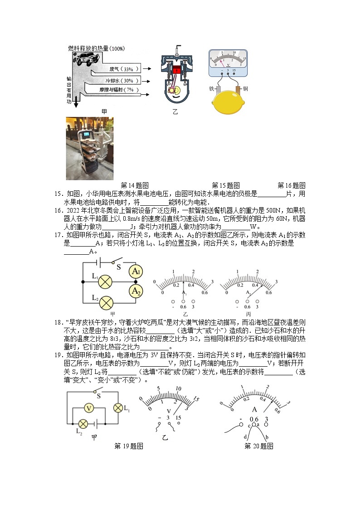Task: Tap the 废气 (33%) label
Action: point(121,69)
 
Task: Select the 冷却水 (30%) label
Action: point(122,80)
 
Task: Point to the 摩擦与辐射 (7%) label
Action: point(119,90)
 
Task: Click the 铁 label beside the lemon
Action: point(211,88)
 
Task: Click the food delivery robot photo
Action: point(90,148)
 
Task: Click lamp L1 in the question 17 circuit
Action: point(106,281)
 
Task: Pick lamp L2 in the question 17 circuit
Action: point(106,302)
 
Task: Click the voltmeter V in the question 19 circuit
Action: point(90,408)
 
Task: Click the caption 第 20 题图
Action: point(258,446)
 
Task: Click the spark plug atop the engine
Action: point(177,49)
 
